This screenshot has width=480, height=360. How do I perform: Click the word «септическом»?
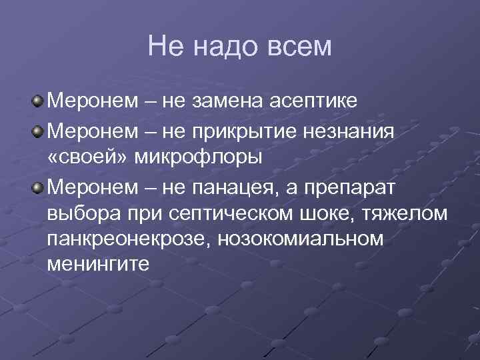[223, 216]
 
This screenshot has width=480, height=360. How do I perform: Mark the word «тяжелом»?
[413, 216]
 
